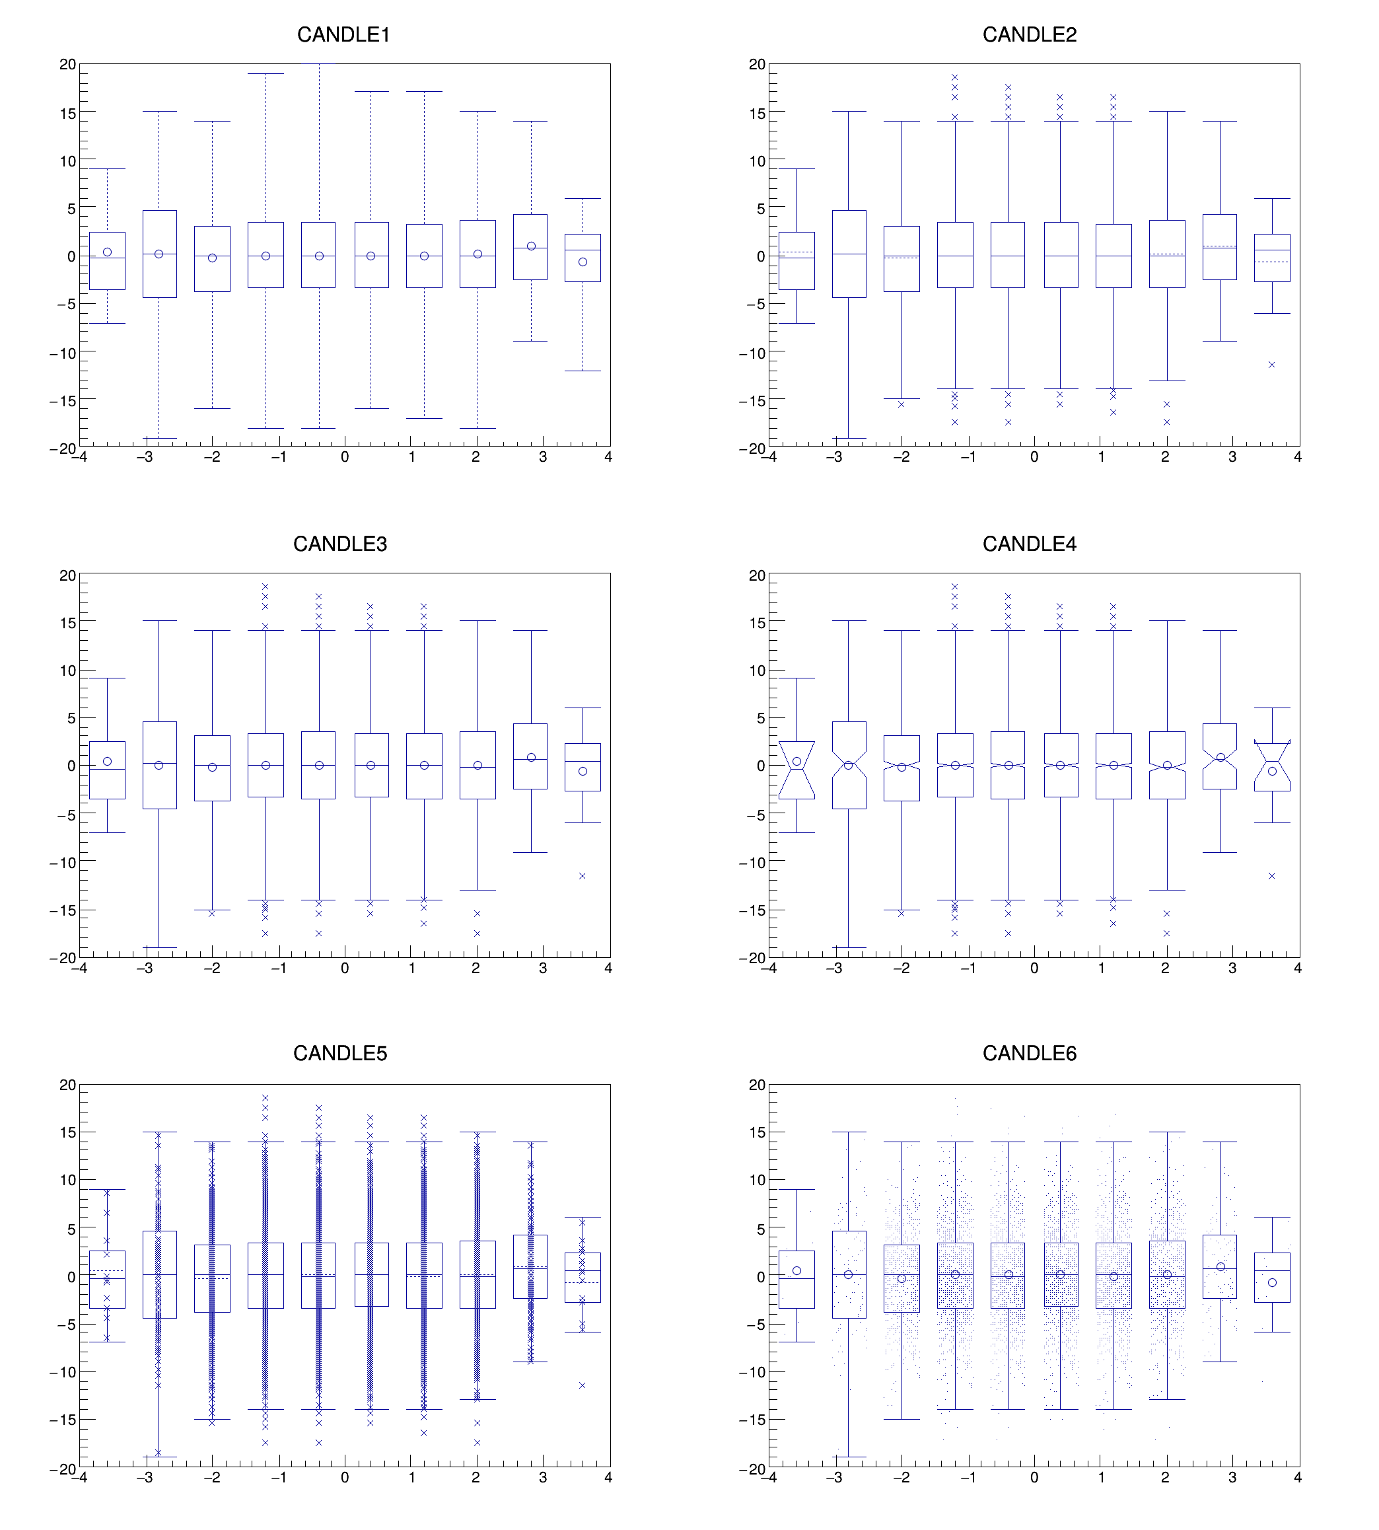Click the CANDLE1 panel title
[x=343, y=35]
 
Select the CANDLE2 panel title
[x=1029, y=35]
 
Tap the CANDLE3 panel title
[x=340, y=544]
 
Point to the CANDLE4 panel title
[x=1029, y=544]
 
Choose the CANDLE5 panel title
[x=340, y=1053]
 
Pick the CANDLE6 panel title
[x=1029, y=1053]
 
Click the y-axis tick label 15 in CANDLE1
[x=67, y=113]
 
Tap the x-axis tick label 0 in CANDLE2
[x=1034, y=457]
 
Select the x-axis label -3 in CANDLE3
[x=144, y=968]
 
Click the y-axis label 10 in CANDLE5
[x=67, y=1180]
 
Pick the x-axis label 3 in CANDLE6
[x=1232, y=1477]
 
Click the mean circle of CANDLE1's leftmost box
[x=108, y=252]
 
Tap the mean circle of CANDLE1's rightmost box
[x=583, y=262]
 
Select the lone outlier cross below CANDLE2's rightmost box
[x=1271, y=365]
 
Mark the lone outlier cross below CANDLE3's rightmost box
[x=582, y=876]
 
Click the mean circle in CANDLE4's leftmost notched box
[x=796, y=762]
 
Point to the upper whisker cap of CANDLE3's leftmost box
[x=108, y=678]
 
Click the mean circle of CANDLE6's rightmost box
[x=1272, y=1282]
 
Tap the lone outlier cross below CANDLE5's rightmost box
[x=582, y=1385]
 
